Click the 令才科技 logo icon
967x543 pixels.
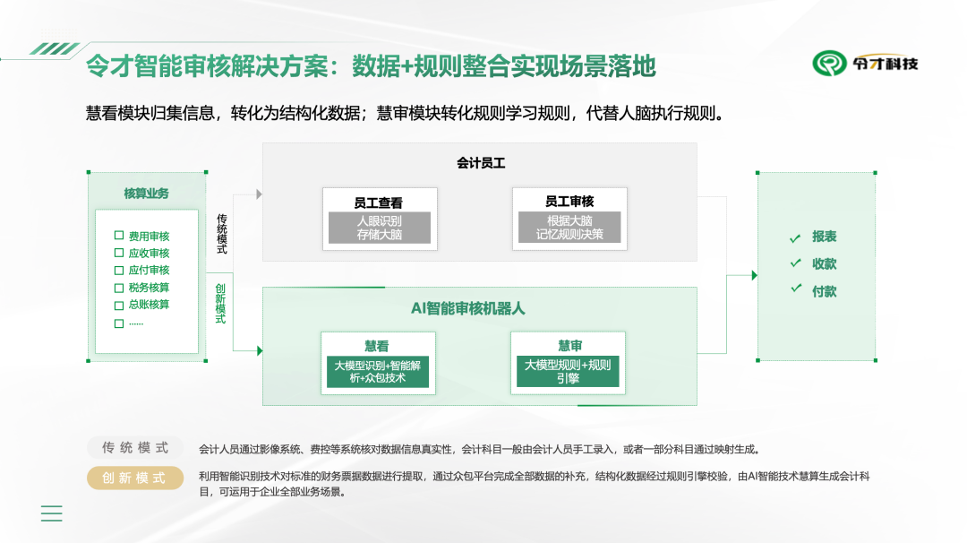point(830,63)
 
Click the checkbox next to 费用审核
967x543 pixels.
point(119,236)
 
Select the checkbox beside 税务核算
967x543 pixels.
point(119,288)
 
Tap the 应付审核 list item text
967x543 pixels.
point(149,271)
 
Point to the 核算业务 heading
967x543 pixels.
point(146,194)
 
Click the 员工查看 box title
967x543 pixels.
point(379,203)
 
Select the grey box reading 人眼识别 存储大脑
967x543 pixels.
point(379,228)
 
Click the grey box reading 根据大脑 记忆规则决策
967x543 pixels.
point(569,228)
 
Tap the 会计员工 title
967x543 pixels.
point(481,163)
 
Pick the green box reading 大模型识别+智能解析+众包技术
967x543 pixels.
point(377,372)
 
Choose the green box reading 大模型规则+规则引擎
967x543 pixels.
point(568,372)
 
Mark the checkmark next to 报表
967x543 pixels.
point(794,238)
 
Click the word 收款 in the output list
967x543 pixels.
point(824,264)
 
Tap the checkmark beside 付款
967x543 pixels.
point(794,289)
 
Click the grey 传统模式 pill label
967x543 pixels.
point(135,448)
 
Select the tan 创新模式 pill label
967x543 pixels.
point(135,478)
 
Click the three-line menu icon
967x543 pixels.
point(52,513)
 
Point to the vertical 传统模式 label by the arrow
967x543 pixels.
point(221,233)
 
